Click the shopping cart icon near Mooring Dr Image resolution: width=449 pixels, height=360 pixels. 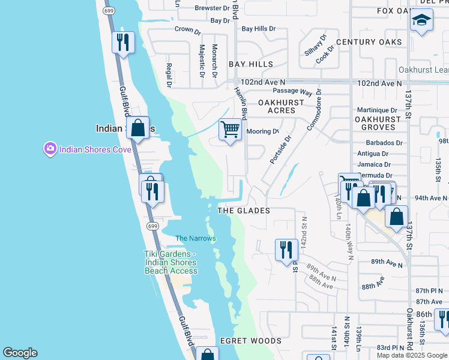pos(231,130)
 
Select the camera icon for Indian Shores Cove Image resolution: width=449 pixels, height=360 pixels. pos(50,148)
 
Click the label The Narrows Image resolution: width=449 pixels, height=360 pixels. pos(195,239)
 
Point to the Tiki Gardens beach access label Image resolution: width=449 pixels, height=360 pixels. pos(171,262)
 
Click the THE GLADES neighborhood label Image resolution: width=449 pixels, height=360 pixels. pos(243,211)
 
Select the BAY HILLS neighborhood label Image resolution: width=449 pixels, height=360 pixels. pos(251,64)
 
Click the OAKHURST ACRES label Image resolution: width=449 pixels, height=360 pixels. pos(277,107)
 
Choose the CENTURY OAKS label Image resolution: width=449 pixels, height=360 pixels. pos(369,42)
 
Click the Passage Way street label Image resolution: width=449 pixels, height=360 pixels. pos(293,92)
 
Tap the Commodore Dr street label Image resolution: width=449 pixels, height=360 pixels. pos(315,110)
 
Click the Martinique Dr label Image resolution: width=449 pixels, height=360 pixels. pos(377,110)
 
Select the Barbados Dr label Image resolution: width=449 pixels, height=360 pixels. pos(384,143)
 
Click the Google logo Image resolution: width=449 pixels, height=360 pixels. pos(20,353)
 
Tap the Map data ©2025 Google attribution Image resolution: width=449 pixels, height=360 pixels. pos(412,355)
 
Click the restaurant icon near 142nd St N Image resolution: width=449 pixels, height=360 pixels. pos(286,250)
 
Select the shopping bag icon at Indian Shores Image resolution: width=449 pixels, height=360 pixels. pos(138,128)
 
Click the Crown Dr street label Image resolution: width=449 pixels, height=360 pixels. pos(188,29)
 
